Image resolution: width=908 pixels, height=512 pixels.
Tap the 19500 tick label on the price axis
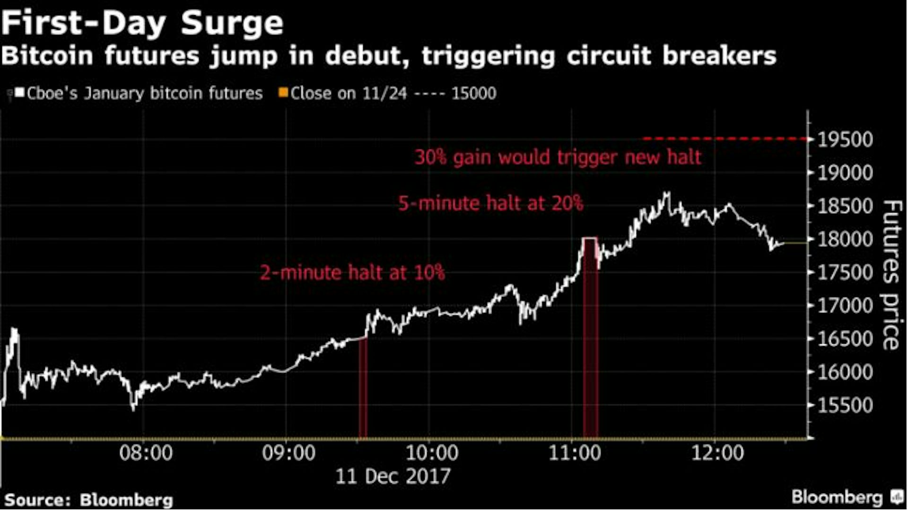pyautogui.click(x=845, y=139)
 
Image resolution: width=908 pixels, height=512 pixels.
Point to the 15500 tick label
pyautogui.click(x=845, y=405)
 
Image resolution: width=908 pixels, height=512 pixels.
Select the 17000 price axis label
pyautogui.click(x=845, y=305)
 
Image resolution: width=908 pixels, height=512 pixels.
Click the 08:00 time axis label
pyautogui.click(x=146, y=453)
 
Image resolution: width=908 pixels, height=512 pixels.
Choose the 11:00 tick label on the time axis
pyautogui.click(x=574, y=453)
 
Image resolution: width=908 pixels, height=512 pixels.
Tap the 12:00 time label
pyautogui.click(x=717, y=453)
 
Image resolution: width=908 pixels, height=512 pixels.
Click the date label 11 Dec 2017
pyautogui.click(x=393, y=476)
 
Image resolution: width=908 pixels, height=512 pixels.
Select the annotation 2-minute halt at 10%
pyautogui.click(x=352, y=273)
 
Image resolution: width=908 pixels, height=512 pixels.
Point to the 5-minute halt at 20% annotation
pyautogui.click(x=490, y=203)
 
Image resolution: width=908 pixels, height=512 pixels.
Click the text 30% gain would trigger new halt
pyautogui.click(x=558, y=157)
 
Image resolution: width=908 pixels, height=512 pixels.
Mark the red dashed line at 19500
pyautogui.click(x=724, y=139)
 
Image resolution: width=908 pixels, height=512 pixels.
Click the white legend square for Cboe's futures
pyautogui.click(x=19, y=92)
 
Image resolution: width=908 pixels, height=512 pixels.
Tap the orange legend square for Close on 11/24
pyautogui.click(x=283, y=92)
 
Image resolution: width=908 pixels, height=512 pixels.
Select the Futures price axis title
pyautogui.click(x=892, y=274)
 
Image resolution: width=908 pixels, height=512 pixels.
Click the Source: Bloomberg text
pyautogui.click(x=88, y=500)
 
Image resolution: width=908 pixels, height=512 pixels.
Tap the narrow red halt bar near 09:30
pyautogui.click(x=363, y=388)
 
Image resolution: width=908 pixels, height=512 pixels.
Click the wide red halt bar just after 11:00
pyautogui.click(x=590, y=340)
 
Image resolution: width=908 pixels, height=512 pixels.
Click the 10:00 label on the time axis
pyautogui.click(x=431, y=453)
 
